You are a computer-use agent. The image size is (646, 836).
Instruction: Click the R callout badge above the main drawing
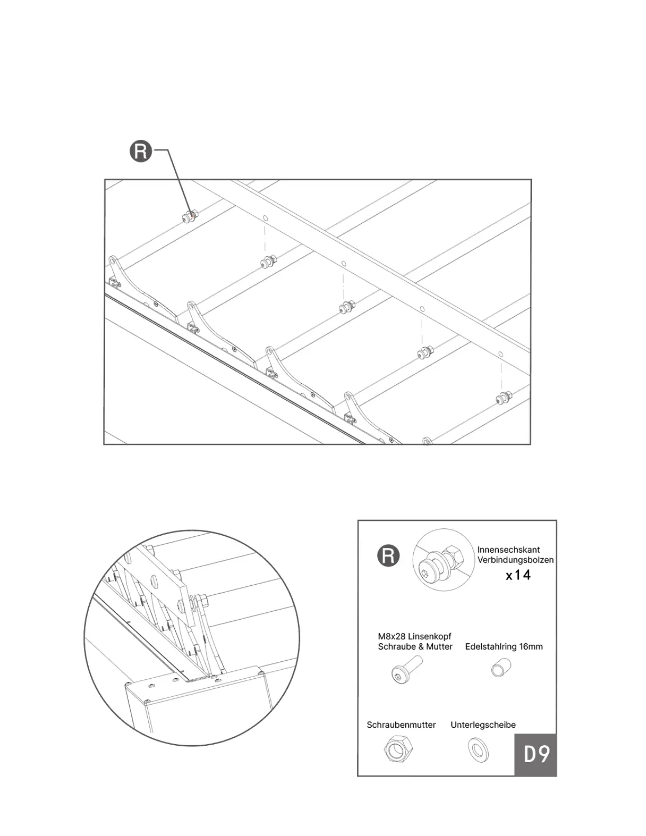pos(141,151)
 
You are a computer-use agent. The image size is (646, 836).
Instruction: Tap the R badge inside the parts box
pos(388,556)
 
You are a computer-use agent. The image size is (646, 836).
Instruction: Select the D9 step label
pos(536,754)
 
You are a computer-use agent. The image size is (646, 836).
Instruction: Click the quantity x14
pos(518,575)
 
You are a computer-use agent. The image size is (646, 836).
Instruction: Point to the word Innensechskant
pos(508,549)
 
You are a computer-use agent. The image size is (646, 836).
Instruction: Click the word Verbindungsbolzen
pos(516,560)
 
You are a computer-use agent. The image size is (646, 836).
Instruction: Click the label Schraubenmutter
pos(401,725)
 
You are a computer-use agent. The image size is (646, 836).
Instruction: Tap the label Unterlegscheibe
pos(483,725)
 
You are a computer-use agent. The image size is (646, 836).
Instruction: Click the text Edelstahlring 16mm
pos(503,647)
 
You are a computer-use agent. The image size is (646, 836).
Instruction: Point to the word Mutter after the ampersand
pos(440,647)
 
